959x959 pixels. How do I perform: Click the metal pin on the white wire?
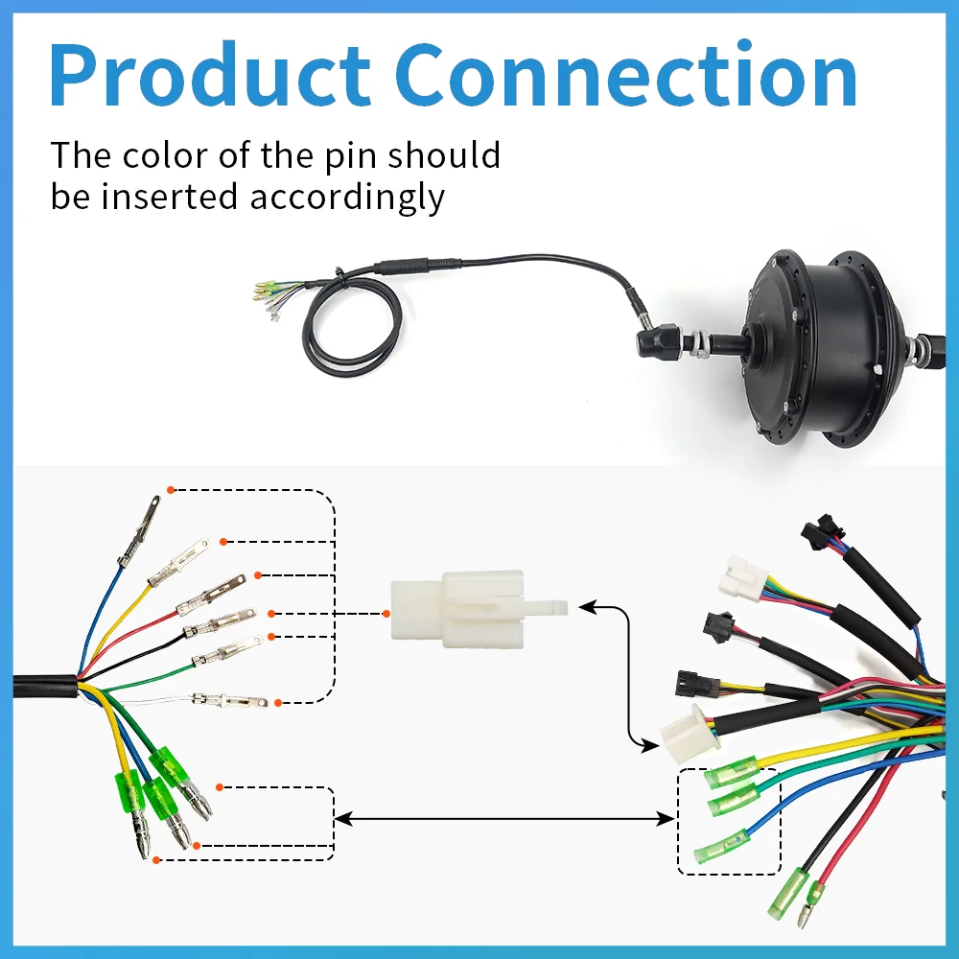[230, 699]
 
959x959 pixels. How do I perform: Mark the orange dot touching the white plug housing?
[386, 614]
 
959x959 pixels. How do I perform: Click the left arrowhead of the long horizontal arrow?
[339, 818]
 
